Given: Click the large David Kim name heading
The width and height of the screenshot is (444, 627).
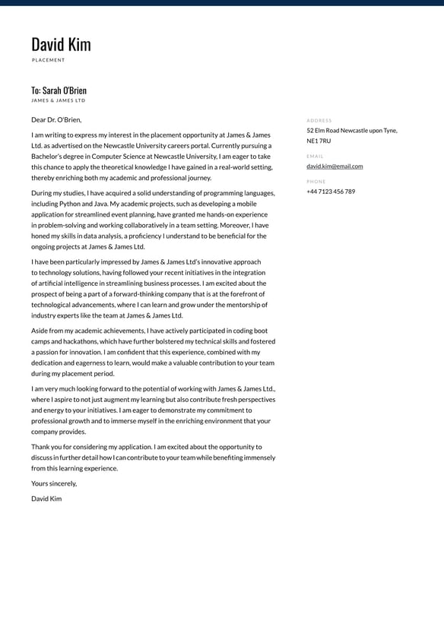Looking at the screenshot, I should coord(61,44).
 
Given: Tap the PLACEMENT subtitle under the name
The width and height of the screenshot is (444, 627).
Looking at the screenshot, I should coord(49,60).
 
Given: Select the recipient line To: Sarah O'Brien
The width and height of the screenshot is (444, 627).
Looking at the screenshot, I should coord(59,90).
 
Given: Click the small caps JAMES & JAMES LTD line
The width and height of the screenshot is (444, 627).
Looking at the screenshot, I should coord(59,100).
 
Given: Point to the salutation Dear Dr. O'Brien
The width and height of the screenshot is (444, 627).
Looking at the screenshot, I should coord(56,119).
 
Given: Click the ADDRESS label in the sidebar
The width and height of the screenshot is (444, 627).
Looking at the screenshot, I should coord(319,120).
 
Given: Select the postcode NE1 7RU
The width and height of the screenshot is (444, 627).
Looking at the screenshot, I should coord(319,141).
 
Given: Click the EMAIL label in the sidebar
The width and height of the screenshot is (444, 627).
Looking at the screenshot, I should coord(315,156).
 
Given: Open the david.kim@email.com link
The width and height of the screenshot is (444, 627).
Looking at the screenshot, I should coord(335,166).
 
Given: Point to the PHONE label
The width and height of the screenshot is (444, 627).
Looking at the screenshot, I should coord(316,182).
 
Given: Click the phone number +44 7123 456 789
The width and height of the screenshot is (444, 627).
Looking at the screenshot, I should coord(331,192).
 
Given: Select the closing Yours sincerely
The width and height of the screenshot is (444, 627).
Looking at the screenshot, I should coord(54,483).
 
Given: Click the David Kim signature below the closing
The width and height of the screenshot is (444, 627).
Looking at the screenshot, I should coord(46,499).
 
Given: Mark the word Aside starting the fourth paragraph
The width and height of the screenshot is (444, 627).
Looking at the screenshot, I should coord(40,331).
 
